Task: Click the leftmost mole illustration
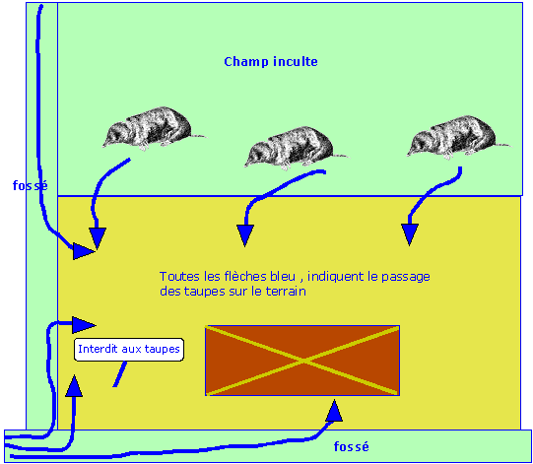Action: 150,127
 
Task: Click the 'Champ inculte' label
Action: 270,62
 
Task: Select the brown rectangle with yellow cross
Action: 301,361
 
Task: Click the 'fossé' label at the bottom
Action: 351,446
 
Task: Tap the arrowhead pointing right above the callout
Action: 84,323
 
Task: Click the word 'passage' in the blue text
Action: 409,277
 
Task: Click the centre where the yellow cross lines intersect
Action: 301,361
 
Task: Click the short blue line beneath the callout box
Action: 120,374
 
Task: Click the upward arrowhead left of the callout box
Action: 72,386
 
